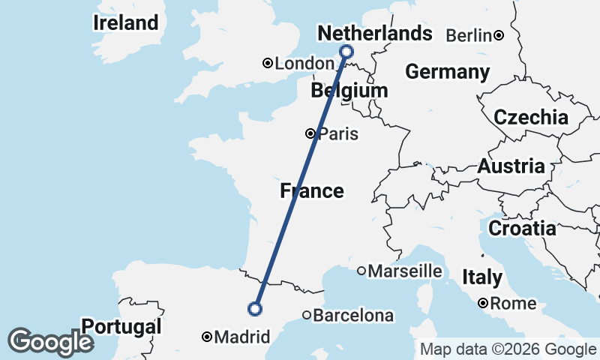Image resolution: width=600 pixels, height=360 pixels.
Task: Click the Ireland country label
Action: [x=126, y=23]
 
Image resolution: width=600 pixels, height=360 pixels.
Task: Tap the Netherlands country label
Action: [x=375, y=34]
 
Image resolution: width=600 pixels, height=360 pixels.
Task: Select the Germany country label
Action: [x=447, y=73]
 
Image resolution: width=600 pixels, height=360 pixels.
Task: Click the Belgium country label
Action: [x=349, y=91]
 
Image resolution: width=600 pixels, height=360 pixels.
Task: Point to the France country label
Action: [x=312, y=191]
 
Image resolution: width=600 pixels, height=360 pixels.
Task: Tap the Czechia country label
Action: [x=531, y=118]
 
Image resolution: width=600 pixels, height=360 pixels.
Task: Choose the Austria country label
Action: [x=511, y=166]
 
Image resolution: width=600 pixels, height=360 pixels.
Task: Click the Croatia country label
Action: [x=522, y=228]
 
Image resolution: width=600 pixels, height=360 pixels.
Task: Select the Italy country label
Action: [x=482, y=277]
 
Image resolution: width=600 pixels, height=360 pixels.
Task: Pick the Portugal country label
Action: [x=121, y=327]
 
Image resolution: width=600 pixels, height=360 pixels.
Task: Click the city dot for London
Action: [x=267, y=64]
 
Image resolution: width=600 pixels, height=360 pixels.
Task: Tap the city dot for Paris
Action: [x=310, y=134]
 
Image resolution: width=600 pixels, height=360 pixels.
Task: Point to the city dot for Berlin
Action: [x=498, y=35]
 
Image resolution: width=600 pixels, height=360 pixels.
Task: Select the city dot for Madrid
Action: [x=207, y=337]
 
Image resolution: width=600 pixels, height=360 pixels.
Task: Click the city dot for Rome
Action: [x=484, y=304]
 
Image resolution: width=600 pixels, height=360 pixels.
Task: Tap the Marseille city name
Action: [x=405, y=271]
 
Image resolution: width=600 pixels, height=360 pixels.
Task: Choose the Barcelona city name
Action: [x=352, y=316]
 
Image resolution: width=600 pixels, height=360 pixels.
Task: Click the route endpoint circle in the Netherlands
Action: [x=346, y=51]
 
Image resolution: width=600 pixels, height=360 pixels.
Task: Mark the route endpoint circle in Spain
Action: [x=255, y=308]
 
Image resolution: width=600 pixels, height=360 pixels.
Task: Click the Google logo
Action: [x=50, y=342]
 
